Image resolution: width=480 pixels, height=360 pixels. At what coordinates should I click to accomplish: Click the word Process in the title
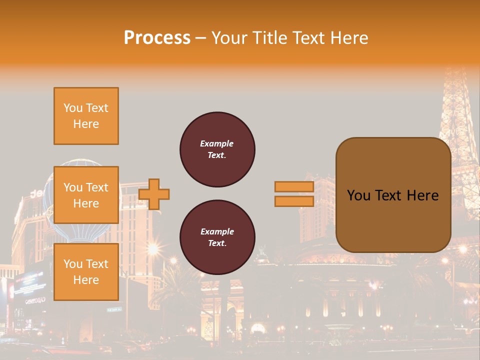(x=157, y=38)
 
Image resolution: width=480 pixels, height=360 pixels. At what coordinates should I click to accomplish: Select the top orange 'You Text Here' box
(x=86, y=116)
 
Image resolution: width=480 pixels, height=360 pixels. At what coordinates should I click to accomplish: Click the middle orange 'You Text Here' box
(x=86, y=195)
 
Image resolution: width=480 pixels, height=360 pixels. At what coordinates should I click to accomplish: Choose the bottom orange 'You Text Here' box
(x=86, y=272)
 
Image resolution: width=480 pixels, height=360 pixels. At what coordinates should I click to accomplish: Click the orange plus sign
(x=154, y=194)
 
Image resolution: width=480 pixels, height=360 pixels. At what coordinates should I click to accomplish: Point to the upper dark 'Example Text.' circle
(x=217, y=149)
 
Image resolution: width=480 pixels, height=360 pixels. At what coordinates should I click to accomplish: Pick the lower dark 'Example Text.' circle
(x=217, y=237)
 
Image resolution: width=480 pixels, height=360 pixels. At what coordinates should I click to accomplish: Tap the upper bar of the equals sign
(x=294, y=186)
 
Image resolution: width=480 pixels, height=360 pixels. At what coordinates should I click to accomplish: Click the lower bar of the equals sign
(x=294, y=201)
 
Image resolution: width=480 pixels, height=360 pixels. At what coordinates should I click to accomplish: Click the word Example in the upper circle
(x=216, y=143)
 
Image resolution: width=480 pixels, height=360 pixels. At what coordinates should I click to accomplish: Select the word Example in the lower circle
(x=217, y=231)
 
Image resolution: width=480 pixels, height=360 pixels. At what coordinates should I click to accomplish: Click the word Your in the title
(x=229, y=38)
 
